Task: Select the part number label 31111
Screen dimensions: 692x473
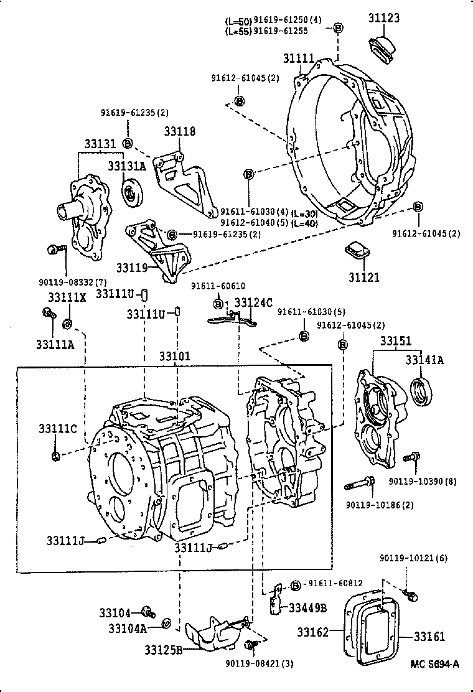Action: tap(299, 58)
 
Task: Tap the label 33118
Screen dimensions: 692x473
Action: tap(180, 131)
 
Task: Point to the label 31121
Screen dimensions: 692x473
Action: tap(364, 278)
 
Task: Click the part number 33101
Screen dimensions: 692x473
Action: tap(174, 356)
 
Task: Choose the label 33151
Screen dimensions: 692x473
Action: tap(396, 341)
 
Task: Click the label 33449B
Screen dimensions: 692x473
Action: tap(306, 607)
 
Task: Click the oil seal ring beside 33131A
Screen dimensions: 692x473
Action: tap(133, 192)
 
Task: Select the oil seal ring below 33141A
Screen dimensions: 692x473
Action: tap(422, 391)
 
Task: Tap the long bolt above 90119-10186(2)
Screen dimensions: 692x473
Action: tap(359, 482)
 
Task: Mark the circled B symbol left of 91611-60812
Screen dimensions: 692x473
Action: tap(296, 585)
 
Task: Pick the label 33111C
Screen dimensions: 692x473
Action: tap(57, 429)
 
